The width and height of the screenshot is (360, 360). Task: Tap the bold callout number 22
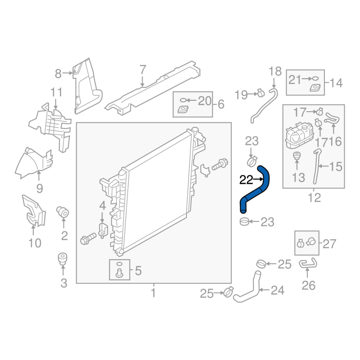[x=246, y=180]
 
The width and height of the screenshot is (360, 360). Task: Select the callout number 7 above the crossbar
[x=143, y=70]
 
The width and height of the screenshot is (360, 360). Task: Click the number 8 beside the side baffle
[x=58, y=74]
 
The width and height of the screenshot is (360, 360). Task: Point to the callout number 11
[x=56, y=92]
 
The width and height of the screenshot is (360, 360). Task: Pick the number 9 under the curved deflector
[x=40, y=189]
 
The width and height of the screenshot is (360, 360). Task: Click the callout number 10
[x=35, y=243]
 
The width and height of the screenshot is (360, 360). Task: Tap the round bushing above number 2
[x=63, y=212]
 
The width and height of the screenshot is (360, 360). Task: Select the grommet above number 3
[x=63, y=259]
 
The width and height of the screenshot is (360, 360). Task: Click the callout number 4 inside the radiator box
[x=103, y=206]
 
